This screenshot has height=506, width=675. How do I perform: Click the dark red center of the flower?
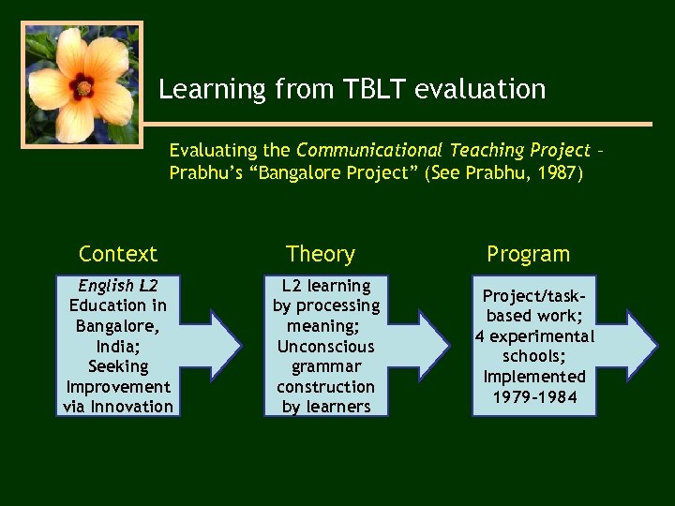coord(83,88)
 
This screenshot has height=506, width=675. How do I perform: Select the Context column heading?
coord(118,254)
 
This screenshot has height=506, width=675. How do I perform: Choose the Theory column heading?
coord(321,254)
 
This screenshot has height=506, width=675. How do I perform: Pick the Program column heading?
coord(528,254)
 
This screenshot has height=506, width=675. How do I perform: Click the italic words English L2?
coord(118,286)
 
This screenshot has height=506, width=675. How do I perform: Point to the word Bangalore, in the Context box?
coord(118,326)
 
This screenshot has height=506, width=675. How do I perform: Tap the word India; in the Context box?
coord(118,346)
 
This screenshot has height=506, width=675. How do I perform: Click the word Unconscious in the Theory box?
coord(326,346)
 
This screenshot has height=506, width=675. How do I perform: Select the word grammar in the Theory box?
coord(326,366)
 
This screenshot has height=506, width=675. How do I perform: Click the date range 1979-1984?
coord(534,396)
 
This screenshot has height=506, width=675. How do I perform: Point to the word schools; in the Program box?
coord(534,356)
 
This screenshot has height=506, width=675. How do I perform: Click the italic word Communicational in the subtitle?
coord(370,150)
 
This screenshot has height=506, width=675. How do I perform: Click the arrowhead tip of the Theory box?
coord(447,345)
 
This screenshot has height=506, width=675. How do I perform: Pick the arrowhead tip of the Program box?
coord(655,345)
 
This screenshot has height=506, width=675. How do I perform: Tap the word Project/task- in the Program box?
coord(534,296)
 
